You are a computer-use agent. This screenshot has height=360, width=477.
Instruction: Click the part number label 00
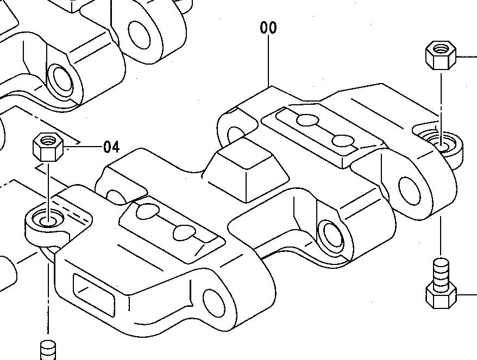tap(268, 28)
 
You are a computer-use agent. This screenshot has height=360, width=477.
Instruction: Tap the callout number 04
tap(111, 147)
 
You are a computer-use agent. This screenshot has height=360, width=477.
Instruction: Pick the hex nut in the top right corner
tap(440, 55)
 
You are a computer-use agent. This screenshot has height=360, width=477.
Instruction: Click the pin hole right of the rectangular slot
tap(214, 302)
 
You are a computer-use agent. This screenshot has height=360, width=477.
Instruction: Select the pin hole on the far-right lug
tap(410, 188)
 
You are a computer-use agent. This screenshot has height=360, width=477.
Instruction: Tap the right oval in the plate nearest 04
tap(184, 232)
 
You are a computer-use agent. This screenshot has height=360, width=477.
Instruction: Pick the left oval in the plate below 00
tap(307, 120)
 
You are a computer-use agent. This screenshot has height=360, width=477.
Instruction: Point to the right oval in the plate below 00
tap(342, 141)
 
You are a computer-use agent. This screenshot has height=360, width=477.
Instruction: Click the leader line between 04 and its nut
tap(81, 147)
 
